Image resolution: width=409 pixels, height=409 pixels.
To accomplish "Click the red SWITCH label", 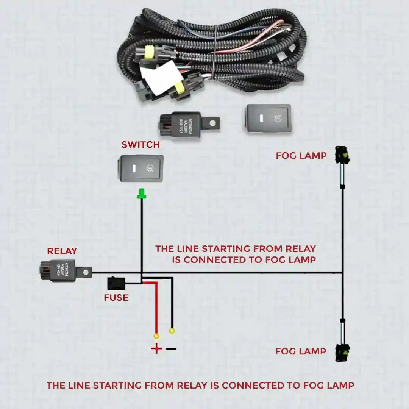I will [140, 145].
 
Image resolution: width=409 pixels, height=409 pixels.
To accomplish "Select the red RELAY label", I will [62, 251].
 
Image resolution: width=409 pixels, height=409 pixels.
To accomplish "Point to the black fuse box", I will [116, 284].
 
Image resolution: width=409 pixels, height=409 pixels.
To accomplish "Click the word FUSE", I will [116, 298].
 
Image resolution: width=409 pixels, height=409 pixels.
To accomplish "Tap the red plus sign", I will [156, 349].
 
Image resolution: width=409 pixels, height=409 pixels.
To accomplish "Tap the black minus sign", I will [171, 349].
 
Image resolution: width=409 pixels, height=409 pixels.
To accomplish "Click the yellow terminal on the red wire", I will [156, 336].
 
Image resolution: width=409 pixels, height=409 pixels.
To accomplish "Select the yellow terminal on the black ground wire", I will [172, 331].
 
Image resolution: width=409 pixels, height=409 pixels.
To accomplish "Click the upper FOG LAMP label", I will [301, 156].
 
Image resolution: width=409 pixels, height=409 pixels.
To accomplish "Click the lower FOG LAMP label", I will [301, 351].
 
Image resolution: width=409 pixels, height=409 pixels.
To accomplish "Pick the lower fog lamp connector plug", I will [342, 353].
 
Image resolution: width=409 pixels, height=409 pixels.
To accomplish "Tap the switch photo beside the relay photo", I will [269, 119].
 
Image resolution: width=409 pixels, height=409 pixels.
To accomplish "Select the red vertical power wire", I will [156, 307].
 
